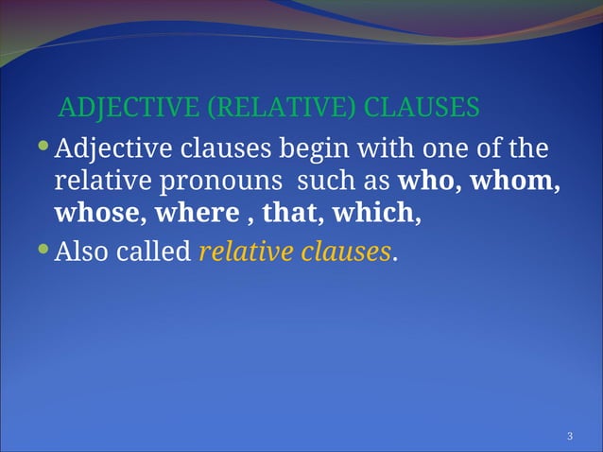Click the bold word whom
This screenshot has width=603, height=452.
coord(514,181)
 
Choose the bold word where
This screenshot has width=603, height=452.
coord(197,213)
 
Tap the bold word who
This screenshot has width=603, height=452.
coord(425,181)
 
